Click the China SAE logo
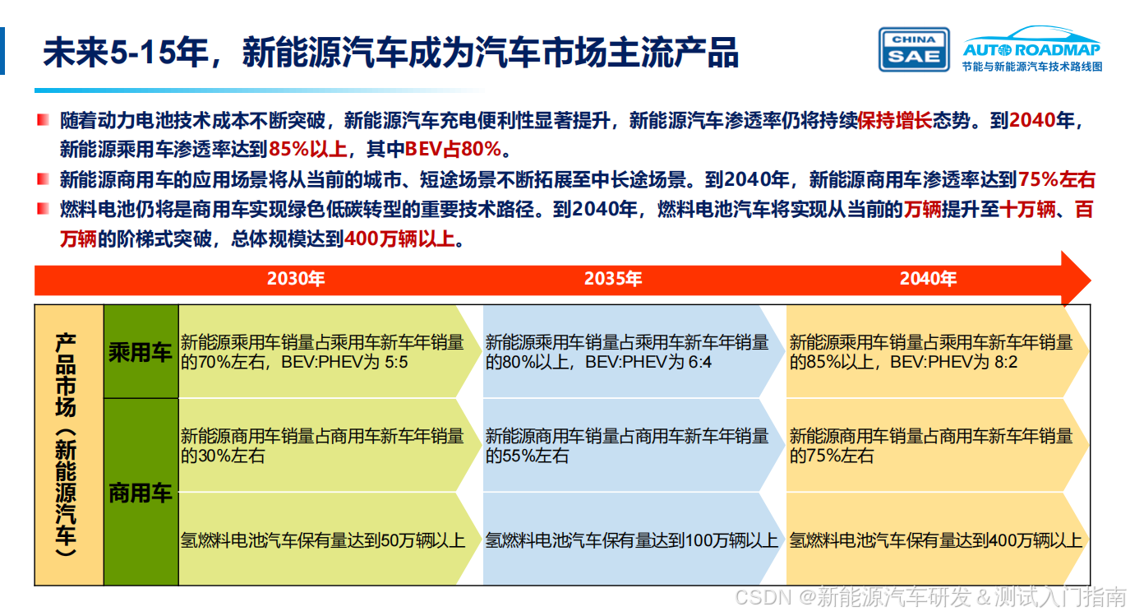(914, 49)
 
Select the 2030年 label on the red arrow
(296, 279)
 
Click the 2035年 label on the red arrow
(613, 279)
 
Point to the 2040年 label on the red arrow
(928, 279)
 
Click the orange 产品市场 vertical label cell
(68, 445)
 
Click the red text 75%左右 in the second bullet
(1057, 179)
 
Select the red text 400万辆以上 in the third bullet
(399, 239)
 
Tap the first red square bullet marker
(43, 121)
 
